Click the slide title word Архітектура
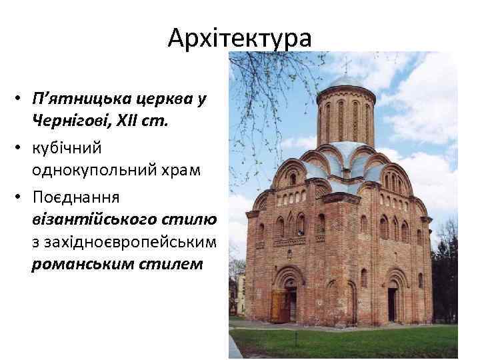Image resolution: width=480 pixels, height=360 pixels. coord(239,38)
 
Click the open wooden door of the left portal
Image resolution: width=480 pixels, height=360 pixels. coord(279,306)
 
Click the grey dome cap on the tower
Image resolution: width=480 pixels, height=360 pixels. coord(345,81)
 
